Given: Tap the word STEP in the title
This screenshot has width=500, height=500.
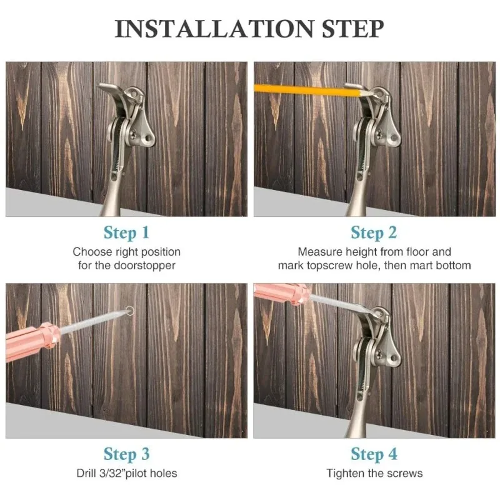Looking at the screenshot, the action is [352, 29].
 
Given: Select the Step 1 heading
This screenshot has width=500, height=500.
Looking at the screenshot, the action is [127, 232].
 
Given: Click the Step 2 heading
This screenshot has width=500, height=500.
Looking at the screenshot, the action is [374, 232].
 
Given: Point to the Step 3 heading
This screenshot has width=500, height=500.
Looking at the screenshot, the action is [127, 454].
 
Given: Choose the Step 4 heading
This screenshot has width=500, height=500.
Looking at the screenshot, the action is [374, 454].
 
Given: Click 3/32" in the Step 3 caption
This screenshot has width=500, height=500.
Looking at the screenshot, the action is [111, 473].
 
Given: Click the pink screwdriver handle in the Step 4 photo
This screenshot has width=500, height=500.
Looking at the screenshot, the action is [281, 293].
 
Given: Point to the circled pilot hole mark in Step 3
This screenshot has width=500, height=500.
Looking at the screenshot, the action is [130, 310].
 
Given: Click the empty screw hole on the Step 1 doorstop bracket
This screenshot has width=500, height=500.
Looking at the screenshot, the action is [147, 139].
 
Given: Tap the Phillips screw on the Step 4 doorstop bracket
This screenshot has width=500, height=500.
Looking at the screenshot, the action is [380, 354].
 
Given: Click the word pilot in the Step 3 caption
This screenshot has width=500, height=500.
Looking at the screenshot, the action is [137, 473].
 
